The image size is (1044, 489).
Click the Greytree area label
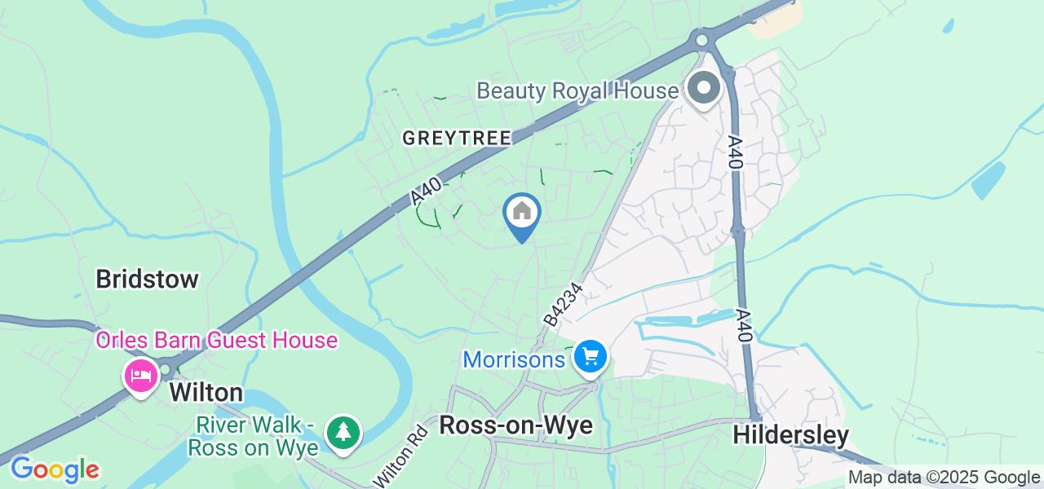457,139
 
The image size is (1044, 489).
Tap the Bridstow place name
147,279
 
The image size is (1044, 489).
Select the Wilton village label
206,393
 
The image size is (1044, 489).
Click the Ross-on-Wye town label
515,425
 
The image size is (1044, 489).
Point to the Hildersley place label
790,434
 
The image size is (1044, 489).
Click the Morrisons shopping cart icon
590,357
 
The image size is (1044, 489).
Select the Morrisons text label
514,359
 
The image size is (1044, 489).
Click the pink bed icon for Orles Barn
140,377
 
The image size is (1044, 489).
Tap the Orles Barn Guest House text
216,340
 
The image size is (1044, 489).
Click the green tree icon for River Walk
343,432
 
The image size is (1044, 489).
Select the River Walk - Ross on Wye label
254,436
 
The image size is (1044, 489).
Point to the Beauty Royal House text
577,90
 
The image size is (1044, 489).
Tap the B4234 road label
564,304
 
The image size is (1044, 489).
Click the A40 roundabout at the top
701,39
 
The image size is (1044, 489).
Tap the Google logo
55,470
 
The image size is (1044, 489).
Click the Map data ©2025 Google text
943,478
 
